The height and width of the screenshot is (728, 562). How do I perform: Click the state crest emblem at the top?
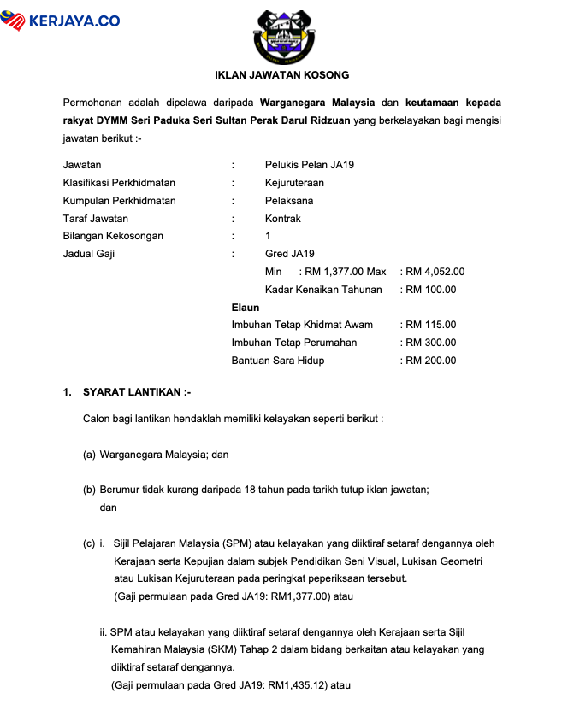tap(281, 35)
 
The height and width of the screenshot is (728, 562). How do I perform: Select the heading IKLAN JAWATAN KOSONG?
tap(281, 75)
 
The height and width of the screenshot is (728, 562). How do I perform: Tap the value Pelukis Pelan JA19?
tap(309, 165)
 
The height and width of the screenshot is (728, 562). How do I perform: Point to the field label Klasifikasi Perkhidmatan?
tap(119, 183)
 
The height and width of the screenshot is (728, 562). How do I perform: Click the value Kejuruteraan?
tap(294, 183)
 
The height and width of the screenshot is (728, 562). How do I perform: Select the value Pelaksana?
tap(289, 201)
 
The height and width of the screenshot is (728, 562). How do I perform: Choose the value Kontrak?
tap(283, 219)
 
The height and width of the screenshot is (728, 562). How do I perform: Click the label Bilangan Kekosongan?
tap(113, 236)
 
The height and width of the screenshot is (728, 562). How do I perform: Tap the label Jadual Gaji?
tap(89, 254)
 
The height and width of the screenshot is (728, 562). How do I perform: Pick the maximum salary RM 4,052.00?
tap(435, 272)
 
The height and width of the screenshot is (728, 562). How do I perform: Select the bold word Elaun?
tap(246, 307)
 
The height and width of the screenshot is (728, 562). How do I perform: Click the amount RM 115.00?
tap(431, 325)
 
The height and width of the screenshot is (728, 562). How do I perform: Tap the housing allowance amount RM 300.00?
tap(431, 343)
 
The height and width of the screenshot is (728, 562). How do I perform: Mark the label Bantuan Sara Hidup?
tap(278, 361)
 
